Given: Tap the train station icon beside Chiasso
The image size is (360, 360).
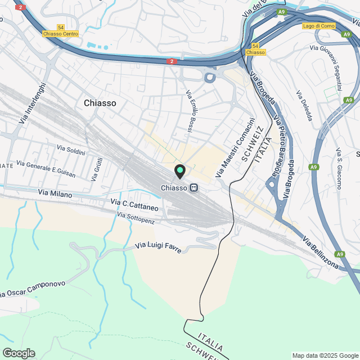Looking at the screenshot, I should (x=193, y=188).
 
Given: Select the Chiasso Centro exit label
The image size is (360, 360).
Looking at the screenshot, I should (x=60, y=34).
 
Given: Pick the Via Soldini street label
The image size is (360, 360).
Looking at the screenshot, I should (x=71, y=150).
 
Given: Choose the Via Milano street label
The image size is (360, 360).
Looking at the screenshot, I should (x=55, y=193).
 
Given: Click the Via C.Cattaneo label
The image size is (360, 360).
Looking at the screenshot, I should (x=134, y=205).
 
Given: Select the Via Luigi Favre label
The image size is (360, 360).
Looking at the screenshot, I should (x=159, y=246).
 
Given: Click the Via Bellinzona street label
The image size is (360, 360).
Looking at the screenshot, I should (x=323, y=254).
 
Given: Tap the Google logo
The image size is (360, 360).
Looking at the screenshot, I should (x=19, y=353).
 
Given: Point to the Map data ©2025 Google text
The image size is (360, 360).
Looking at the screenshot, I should (x=325, y=355).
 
